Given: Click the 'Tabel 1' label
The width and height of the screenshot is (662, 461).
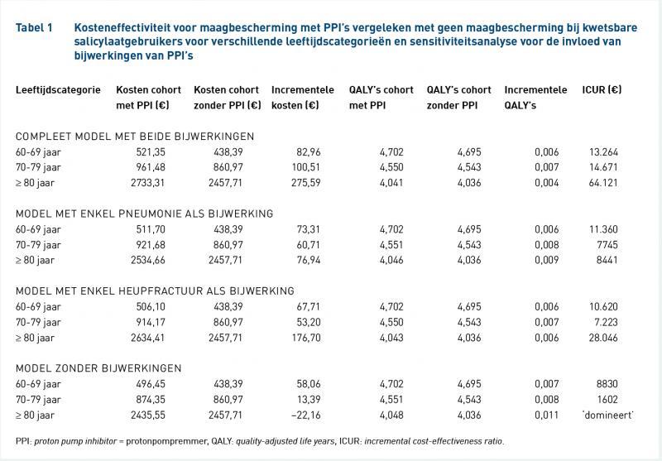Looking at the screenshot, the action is pos(34,28).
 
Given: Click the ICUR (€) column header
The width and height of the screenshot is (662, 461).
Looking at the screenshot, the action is pos(602,90).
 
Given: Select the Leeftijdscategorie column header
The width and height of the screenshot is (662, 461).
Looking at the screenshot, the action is pos(58,90).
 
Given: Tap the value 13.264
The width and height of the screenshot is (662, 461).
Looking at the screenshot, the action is pos(603,152).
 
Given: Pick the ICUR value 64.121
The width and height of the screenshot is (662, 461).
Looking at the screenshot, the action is pos(603,183).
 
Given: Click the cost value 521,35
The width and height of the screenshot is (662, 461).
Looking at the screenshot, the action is pos(151,152).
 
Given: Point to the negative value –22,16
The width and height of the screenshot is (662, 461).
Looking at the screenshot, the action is pos(305,415).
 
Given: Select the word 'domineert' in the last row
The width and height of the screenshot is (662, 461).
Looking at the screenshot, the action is pos(608,415).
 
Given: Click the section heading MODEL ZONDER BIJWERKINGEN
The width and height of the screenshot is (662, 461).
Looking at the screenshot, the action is pos(98,368).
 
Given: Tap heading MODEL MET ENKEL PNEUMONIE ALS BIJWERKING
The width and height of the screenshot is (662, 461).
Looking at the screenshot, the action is pos(144,214).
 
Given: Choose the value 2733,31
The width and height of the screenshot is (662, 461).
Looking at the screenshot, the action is pos(148,183).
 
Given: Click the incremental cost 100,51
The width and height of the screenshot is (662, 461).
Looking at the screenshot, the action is pos(306,167).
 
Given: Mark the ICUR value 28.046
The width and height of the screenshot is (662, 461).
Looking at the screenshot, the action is pos(603,338).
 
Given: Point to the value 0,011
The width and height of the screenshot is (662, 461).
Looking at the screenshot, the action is pos(547,415).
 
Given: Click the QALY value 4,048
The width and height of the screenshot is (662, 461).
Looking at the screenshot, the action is pos(391,415).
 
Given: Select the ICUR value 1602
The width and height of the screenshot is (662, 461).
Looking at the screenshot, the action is pos(607,400).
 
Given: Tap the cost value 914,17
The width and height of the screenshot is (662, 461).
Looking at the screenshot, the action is pos(151,322).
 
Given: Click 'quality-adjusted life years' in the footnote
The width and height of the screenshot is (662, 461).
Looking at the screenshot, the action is pos(285,442).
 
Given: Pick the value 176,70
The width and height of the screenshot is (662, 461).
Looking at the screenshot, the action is pos(306,338).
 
